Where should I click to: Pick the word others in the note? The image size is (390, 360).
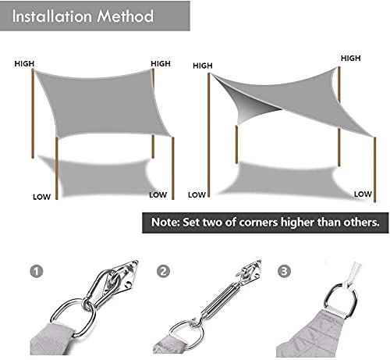point(359,222)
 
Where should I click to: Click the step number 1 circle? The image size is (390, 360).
point(36,272)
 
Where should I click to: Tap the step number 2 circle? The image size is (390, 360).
point(163,272)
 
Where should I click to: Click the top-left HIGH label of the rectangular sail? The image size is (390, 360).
point(23,65)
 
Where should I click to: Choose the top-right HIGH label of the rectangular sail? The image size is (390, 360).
point(160,63)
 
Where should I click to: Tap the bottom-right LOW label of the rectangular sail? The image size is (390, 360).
point(158,194)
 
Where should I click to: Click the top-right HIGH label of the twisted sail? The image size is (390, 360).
point(351,59)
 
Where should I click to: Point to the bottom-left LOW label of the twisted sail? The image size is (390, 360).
point(197,194)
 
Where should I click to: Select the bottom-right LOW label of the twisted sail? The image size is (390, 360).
point(363,194)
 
